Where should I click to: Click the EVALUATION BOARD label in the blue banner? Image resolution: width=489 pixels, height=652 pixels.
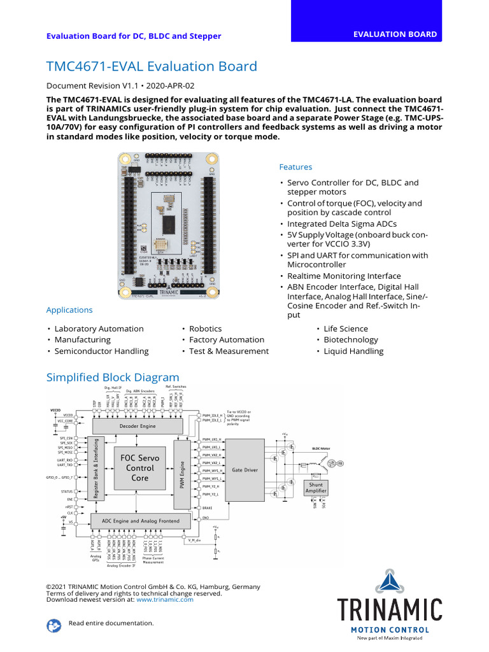point(395,34)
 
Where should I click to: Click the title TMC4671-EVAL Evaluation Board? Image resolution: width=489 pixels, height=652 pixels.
point(152,66)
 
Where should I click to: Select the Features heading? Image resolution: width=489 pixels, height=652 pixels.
point(295,167)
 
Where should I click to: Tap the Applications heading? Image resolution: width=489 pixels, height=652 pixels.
point(69,310)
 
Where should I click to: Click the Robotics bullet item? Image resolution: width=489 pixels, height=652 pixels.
point(205,329)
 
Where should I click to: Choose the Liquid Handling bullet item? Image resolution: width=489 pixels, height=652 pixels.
point(353,351)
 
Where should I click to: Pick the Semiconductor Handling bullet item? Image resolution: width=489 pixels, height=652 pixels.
point(101,351)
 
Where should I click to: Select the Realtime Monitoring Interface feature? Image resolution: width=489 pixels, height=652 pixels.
point(344,276)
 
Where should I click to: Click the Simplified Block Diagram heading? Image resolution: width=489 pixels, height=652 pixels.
point(113,378)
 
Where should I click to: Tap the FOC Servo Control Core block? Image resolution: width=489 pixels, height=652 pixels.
point(139,467)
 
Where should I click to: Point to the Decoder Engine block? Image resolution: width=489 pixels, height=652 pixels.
point(138,426)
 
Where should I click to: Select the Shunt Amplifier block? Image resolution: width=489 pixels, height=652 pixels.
point(316,488)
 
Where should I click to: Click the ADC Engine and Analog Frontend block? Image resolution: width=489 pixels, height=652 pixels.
point(137,521)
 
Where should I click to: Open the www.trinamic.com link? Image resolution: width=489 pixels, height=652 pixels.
point(164,599)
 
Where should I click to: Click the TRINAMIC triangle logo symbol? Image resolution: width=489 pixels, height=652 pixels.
point(389,582)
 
